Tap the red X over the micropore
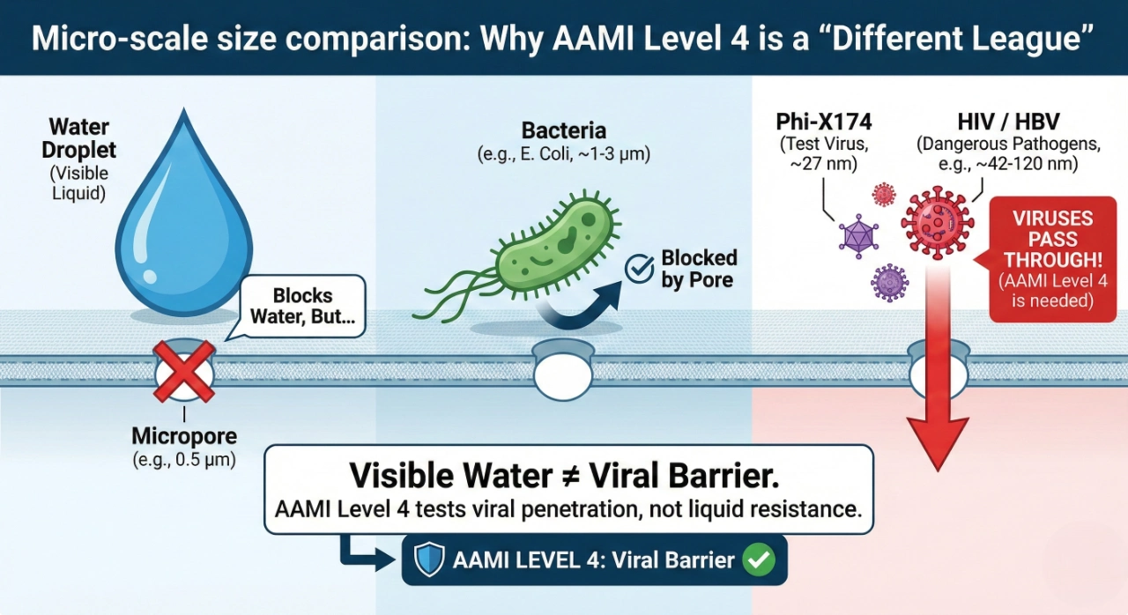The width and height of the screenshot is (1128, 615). coord(184,370)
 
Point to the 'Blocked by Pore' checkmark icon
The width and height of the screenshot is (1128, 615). coord(639,270)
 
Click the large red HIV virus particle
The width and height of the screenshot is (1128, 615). coord(937,221)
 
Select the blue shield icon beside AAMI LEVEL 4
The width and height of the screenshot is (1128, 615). coord(429,560)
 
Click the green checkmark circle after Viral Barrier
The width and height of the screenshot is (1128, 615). coord(757,560)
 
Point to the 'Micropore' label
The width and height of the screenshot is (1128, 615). coord(184,436)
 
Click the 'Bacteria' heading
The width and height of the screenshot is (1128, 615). coord(564,131)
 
